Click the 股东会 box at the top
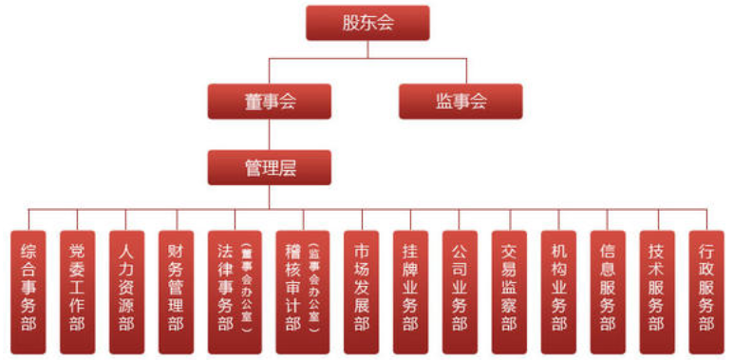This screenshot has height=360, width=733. (367, 23)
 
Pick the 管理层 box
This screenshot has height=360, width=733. (270, 167)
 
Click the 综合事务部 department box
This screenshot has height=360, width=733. (28, 290)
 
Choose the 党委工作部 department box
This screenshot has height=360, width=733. (77, 290)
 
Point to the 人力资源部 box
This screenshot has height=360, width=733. (126, 290)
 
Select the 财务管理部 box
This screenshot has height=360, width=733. (176, 290)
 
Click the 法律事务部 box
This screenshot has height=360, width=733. (225, 290)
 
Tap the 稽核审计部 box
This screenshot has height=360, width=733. (292, 290)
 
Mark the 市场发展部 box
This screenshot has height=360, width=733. (361, 290)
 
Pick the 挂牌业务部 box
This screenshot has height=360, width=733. (409, 290)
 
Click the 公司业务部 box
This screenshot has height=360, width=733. (460, 290)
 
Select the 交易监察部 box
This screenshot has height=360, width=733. (509, 290)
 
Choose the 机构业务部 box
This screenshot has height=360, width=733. (558, 290)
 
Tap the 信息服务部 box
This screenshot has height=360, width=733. (608, 290)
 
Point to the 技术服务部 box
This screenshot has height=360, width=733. (657, 290)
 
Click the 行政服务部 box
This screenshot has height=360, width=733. (706, 290)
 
